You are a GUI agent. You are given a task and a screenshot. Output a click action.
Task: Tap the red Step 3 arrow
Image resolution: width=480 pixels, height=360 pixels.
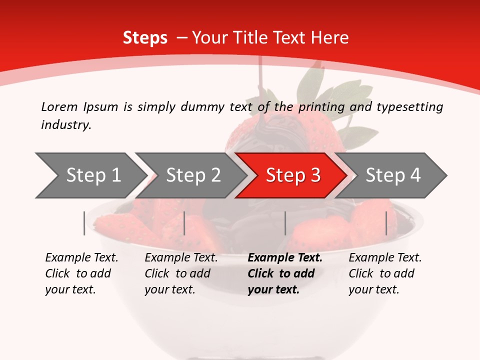292,175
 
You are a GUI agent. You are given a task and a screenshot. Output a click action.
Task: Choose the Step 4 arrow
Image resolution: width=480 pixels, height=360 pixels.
392,175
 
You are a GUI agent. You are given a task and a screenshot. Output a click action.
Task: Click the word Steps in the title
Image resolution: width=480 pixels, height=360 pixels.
145,38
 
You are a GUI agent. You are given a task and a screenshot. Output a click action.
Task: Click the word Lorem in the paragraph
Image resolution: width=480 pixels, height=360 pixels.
59,106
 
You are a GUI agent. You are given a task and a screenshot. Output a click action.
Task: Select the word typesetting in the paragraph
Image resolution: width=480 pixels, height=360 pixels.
409,106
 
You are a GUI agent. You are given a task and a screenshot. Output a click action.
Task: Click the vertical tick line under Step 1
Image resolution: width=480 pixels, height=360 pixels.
84,223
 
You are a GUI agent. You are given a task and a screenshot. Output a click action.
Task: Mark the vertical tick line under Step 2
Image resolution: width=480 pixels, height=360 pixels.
184,223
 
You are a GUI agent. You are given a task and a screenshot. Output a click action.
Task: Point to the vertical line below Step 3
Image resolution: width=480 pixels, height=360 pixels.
285,223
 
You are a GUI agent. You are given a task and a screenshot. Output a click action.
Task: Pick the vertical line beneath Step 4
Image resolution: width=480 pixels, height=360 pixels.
386,223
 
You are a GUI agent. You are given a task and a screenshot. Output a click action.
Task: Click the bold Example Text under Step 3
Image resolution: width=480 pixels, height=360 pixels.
285,258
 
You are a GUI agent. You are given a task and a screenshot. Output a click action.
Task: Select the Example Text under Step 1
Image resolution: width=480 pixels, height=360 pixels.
81,258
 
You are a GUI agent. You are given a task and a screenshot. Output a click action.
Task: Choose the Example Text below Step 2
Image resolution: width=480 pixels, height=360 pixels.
181,258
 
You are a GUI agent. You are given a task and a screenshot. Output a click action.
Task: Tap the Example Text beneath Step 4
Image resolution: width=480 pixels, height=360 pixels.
385,258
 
